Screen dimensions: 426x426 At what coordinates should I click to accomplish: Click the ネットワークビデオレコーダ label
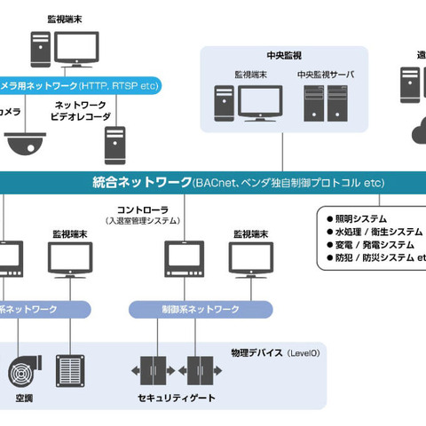pyautogui.click(x=83, y=110)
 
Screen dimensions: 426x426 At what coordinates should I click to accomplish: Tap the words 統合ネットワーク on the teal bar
pyautogui.click(x=140, y=183)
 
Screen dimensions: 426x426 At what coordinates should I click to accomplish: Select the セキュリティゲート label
pyautogui.click(x=177, y=398)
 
